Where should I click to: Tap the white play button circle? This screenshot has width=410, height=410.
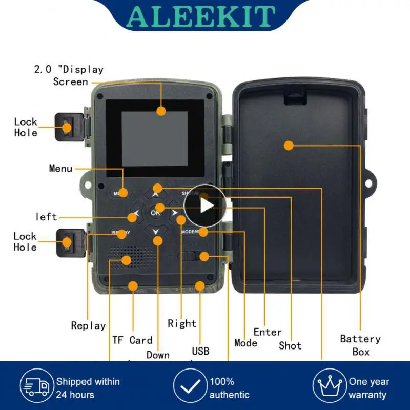205,206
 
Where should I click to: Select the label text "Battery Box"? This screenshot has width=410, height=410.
360,345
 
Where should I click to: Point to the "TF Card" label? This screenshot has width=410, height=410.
132,340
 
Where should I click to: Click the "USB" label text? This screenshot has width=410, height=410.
200,351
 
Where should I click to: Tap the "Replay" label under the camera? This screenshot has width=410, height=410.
88,325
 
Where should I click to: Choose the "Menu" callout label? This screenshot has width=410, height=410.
60,168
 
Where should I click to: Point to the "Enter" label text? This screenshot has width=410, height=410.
268,332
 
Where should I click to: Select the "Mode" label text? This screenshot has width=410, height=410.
245,343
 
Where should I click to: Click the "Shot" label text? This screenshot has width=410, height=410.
290,345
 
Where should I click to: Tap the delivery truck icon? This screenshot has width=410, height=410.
37,387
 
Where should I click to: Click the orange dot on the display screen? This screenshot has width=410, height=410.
161,110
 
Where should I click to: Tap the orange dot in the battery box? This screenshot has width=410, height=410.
289,146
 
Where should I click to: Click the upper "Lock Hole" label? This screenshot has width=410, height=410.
26,127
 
